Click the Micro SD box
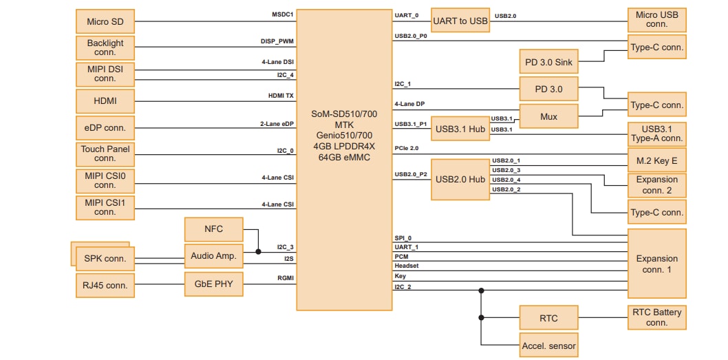click(x=105, y=21)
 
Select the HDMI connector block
click(x=105, y=101)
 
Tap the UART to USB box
click(x=460, y=21)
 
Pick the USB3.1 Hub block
click(x=460, y=129)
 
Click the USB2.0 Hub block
click(x=460, y=179)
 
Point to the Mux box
click(x=548, y=116)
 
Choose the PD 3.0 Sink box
click(x=548, y=63)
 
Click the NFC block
click(x=213, y=229)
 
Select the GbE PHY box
click(x=213, y=284)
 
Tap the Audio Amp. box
click(x=213, y=256)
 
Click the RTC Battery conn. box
click(x=656, y=317)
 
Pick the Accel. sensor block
click(x=548, y=345)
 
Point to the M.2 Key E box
click(x=656, y=160)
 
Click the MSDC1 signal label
click(x=283, y=14)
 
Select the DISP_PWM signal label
click(x=277, y=41)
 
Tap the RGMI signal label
click(x=284, y=279)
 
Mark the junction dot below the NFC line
click(x=258, y=252)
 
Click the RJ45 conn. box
click(x=105, y=285)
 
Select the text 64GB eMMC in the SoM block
click(x=344, y=157)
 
